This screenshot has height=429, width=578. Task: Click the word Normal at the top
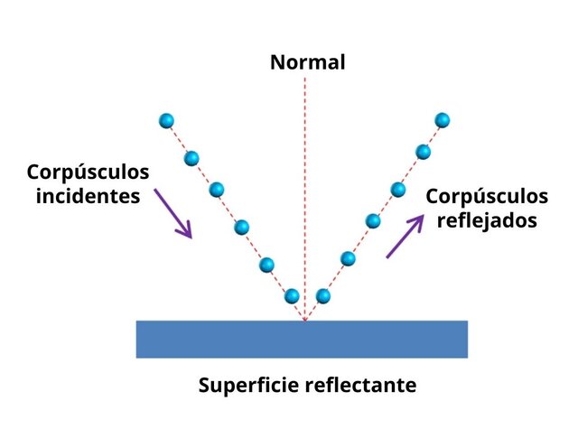pyautogui.click(x=307, y=62)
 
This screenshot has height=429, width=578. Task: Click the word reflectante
pyautogui.click(x=366, y=386)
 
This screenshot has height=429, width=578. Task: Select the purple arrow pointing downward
pyautogui.click(x=173, y=213)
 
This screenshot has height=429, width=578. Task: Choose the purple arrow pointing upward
pyautogui.click(x=405, y=237)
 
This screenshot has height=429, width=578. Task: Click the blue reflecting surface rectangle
pyautogui.click(x=302, y=339)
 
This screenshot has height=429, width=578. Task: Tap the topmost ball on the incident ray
pyautogui.click(x=166, y=120)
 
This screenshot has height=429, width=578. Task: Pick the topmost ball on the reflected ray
pyautogui.click(x=442, y=119)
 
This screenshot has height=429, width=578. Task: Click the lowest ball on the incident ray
pyautogui.click(x=291, y=295)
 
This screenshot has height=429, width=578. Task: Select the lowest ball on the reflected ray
pyautogui.click(x=322, y=295)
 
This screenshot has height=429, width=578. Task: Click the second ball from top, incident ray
pyautogui.click(x=191, y=159)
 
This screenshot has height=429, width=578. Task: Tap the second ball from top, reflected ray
pyautogui.click(x=422, y=151)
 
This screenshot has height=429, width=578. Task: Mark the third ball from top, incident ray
pyautogui.click(x=216, y=190)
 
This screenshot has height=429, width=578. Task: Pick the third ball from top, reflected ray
pyautogui.click(x=397, y=189)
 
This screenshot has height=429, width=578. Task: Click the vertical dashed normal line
pyautogui.click(x=305, y=181)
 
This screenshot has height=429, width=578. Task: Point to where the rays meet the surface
pyautogui.click(x=305, y=321)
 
